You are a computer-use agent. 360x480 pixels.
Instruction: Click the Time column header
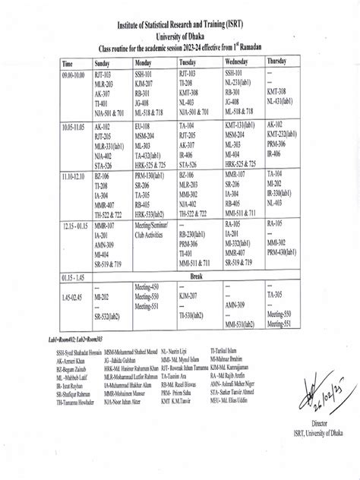(x=68, y=62)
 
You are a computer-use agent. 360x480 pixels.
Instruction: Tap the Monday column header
(x=144, y=62)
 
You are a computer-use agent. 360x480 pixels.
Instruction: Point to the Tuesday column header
(x=188, y=62)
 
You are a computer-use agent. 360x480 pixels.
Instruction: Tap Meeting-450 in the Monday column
(x=147, y=287)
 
